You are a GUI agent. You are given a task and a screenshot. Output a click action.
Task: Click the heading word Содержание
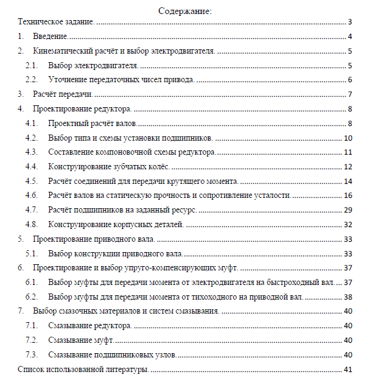[x=184, y=11]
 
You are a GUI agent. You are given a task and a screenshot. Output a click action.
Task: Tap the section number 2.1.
[x=32, y=65]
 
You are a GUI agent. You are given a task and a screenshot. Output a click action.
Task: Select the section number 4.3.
[x=32, y=152]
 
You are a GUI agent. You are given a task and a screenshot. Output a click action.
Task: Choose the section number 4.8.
[x=32, y=224]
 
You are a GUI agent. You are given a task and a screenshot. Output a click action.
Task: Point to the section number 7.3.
[x=32, y=355]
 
